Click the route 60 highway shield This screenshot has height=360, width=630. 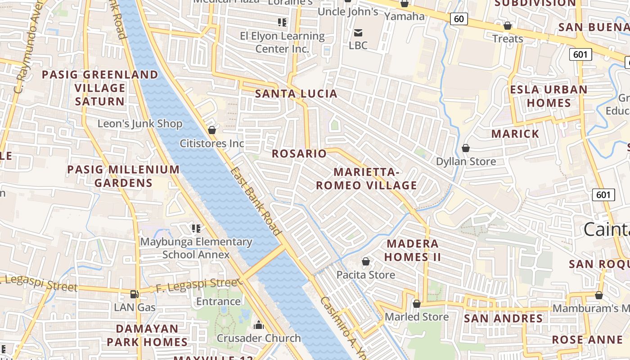tap(459, 19)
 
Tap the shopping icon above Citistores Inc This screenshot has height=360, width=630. tap(211, 130)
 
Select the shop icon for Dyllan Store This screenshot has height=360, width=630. tap(466, 148)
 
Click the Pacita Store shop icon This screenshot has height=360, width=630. tap(366, 261)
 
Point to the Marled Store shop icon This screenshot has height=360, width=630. tap(416, 304)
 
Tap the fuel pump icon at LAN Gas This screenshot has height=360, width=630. tap(134, 294)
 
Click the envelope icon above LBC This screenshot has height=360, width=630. tap(358, 32)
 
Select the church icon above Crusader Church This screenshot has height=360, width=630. tap(258, 324)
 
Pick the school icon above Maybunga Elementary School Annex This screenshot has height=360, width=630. tap(195, 228)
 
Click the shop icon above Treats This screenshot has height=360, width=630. tap(508, 26)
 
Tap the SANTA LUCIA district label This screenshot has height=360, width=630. tap(296, 94)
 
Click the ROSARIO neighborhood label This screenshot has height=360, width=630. tap(299, 153)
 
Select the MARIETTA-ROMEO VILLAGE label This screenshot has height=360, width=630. tap(366, 179)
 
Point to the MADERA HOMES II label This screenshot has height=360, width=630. tap(413, 250)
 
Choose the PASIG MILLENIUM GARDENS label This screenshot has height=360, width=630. tap(123, 176)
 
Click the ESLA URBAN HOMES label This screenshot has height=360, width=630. tap(549, 96)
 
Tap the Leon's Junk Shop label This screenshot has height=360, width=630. tap(140, 124)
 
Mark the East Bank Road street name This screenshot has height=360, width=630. tap(255, 201)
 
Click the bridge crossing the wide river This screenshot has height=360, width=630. tap(264, 262)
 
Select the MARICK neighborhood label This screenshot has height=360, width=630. tap(515, 134)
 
